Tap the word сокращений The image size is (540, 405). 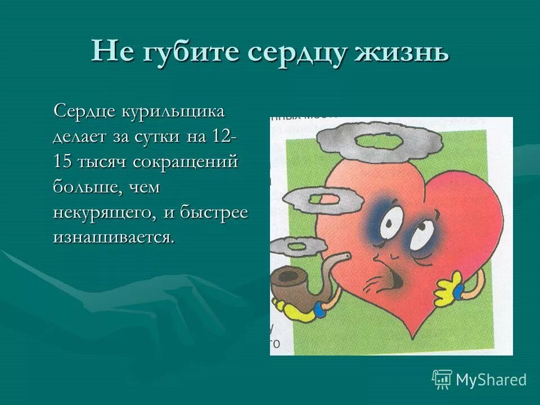186,161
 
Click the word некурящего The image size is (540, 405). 103,212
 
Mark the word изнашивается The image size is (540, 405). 114,237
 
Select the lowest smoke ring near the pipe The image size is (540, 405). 298,246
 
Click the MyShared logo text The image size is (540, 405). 491,380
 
